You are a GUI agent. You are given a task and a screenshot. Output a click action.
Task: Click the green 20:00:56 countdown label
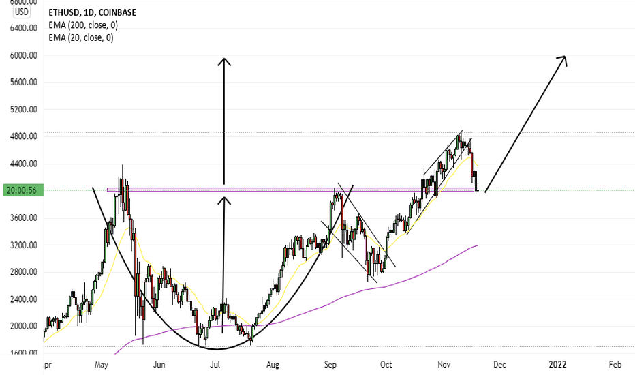tap(22, 191)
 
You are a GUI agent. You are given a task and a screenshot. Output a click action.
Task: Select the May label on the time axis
tap(103, 364)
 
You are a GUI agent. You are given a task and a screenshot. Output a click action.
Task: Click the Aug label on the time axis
tap(273, 364)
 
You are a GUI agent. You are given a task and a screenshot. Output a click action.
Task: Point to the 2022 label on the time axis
tap(558, 364)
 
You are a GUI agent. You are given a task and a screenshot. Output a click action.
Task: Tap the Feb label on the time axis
tap(615, 364)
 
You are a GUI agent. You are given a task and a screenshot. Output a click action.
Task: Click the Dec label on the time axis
tap(501, 364)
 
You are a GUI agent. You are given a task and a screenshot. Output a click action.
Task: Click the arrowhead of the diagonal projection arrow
tap(564, 58)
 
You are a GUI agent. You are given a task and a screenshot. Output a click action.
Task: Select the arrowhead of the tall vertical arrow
tap(224, 61)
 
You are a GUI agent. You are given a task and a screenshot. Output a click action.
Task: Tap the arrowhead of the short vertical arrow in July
tap(224, 199)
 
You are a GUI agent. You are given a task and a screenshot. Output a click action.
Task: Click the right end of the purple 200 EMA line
tap(476, 245)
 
